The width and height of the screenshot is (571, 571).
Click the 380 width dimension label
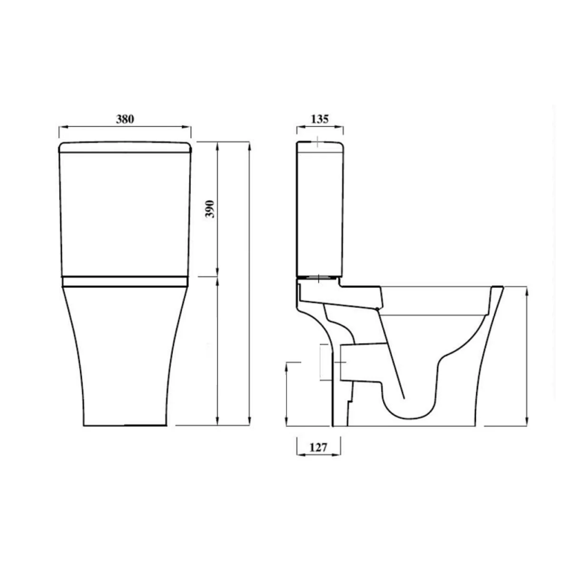125,119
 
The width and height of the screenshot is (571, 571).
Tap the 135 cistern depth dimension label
320,119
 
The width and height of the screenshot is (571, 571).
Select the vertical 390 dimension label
210,209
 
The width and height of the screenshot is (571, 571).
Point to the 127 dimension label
318,447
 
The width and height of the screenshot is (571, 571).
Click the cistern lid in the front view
125,147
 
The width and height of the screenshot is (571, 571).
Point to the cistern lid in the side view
320,147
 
